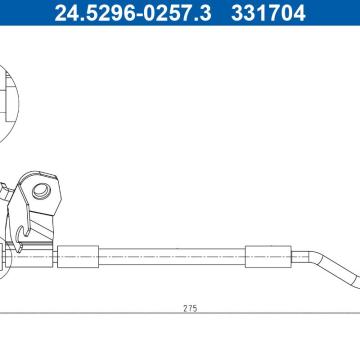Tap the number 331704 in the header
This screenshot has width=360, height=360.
click(268, 13)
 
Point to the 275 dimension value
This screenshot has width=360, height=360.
click(190, 308)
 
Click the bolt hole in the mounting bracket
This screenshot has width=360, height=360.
click(42, 192)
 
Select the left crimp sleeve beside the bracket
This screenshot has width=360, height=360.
click(78, 257)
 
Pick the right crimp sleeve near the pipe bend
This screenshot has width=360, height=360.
click(268, 257)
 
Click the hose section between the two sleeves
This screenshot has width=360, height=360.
click(172, 257)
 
